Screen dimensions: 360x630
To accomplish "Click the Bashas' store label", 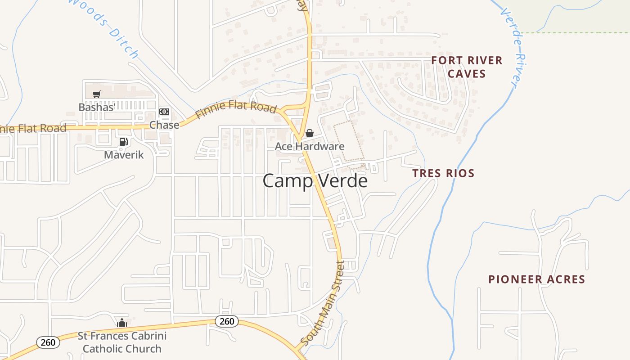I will (x=97, y=107).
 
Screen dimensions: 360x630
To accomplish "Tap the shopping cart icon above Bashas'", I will (x=96, y=94).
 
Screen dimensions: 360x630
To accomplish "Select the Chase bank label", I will (x=164, y=125).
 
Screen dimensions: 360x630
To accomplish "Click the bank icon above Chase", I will (x=164, y=112).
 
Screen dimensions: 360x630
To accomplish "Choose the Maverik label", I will (x=124, y=155).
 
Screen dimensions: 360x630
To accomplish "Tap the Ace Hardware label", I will (x=310, y=146).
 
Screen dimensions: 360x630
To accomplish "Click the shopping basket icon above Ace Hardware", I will (x=310, y=133).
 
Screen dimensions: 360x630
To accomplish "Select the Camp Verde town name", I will (x=315, y=181).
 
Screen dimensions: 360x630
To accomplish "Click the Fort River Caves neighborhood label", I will (x=467, y=67).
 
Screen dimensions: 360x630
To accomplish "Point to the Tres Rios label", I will (x=443, y=173).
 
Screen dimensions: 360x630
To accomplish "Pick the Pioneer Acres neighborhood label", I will (x=537, y=279).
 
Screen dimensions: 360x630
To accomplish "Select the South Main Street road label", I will (x=322, y=304).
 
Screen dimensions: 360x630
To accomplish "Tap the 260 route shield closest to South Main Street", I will (x=227, y=321).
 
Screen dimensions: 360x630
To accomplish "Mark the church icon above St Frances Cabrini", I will (x=122, y=323).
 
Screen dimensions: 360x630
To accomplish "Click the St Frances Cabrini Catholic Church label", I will (x=122, y=342).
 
